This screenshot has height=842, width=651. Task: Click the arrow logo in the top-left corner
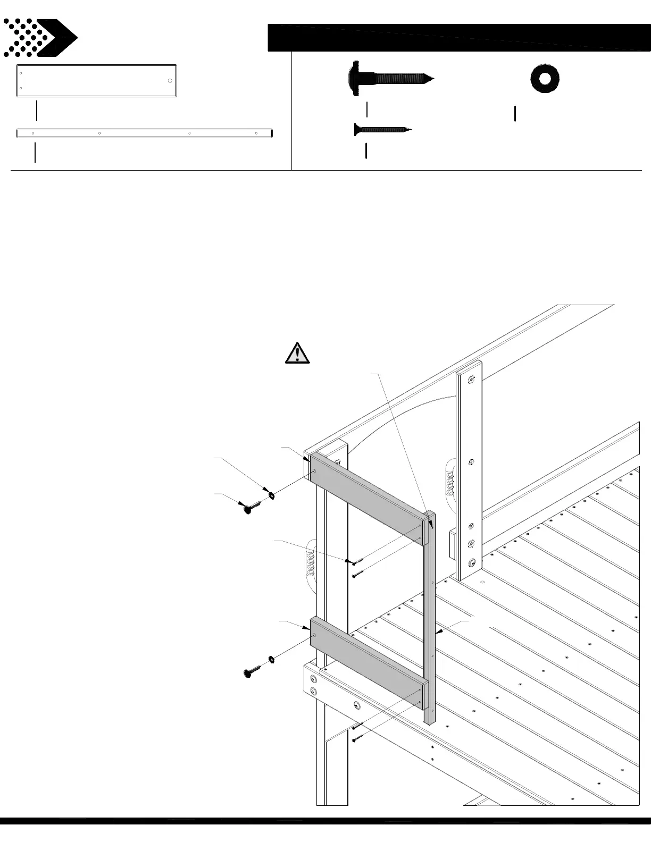[x=40, y=38]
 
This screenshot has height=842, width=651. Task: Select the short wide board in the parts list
[x=96, y=81]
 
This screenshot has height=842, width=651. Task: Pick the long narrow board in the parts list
[x=145, y=133]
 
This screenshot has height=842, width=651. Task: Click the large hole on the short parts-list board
[x=170, y=81]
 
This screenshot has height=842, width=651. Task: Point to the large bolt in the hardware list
[x=391, y=79]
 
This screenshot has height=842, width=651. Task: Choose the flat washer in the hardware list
[x=544, y=79]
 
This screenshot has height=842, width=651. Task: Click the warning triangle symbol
[x=297, y=354]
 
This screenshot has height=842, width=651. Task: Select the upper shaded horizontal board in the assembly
[x=367, y=498]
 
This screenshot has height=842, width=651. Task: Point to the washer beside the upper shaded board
[x=271, y=495]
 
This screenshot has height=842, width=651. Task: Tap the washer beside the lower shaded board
[x=271, y=660]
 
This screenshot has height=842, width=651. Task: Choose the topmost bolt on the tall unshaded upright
[x=471, y=380]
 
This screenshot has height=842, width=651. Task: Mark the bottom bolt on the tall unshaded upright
[x=471, y=563]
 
